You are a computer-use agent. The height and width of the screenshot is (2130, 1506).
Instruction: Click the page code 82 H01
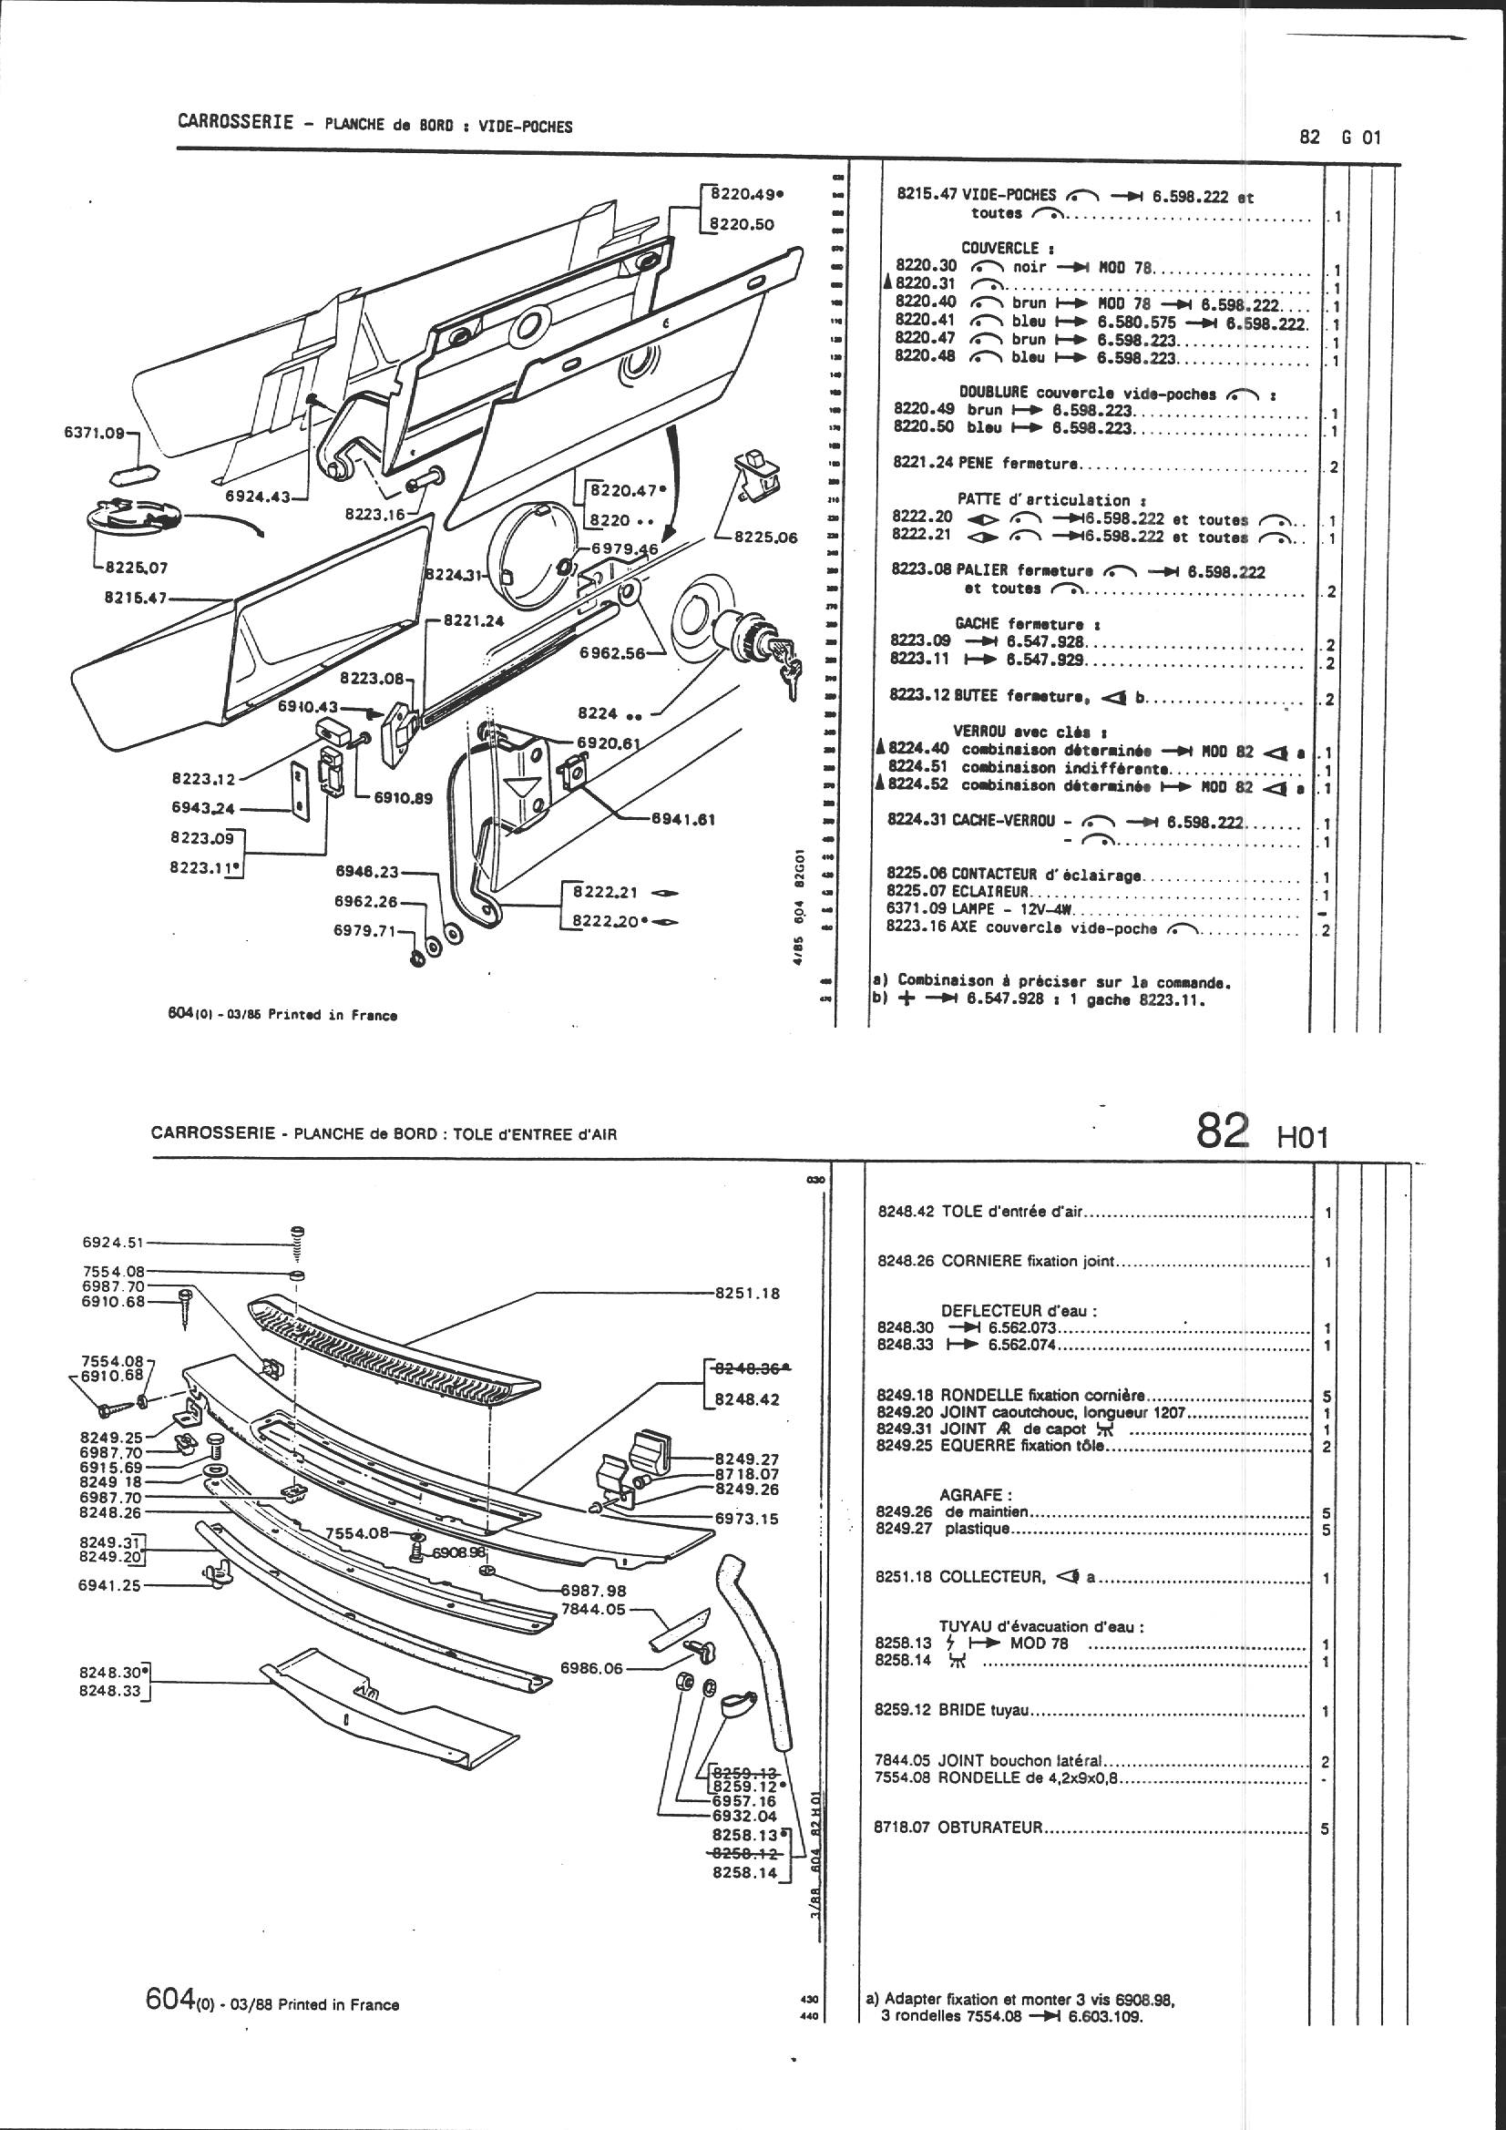[1263, 1133]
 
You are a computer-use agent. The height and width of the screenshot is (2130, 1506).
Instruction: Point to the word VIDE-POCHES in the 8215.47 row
[1009, 195]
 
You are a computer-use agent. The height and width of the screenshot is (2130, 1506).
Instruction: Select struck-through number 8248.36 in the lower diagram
[748, 1368]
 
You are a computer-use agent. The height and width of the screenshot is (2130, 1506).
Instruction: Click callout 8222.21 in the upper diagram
[604, 892]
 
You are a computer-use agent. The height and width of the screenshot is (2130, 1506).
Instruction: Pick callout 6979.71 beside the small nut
[365, 930]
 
